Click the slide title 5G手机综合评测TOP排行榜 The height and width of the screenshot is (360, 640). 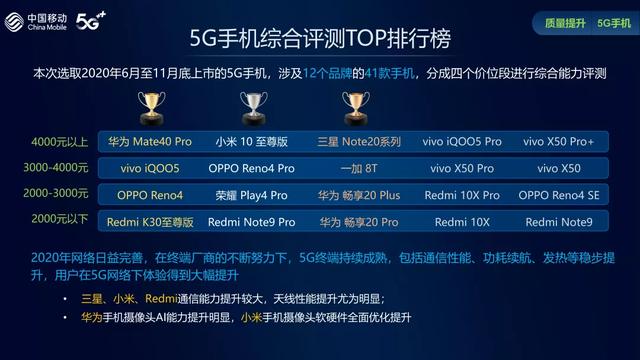tap(320, 39)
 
